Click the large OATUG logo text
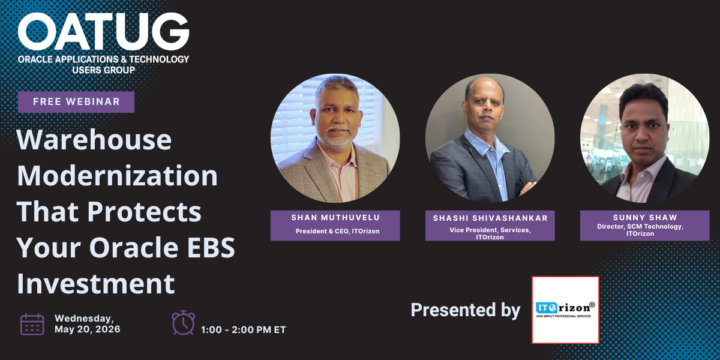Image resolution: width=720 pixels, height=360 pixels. (x=103, y=31)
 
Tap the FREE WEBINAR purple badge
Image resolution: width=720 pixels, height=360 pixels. (x=76, y=102)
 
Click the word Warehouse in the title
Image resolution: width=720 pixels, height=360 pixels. (x=94, y=140)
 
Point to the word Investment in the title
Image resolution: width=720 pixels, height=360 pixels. (x=96, y=283)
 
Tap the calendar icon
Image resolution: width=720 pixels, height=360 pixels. (x=32, y=325)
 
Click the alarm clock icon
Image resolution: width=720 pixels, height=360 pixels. (x=183, y=322)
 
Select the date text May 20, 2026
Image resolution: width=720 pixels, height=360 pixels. (x=88, y=329)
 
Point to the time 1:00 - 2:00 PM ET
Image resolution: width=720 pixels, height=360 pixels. (x=244, y=330)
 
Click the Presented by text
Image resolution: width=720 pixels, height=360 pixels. (x=466, y=310)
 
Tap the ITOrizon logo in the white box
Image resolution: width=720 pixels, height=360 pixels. (x=565, y=310)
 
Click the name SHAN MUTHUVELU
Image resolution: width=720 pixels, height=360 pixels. (x=335, y=218)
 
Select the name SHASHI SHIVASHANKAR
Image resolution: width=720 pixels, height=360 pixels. (x=490, y=218)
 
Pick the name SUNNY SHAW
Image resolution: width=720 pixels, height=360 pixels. (x=645, y=218)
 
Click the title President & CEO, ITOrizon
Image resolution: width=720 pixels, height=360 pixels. (x=337, y=231)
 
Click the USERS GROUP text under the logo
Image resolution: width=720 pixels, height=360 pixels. (x=103, y=70)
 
